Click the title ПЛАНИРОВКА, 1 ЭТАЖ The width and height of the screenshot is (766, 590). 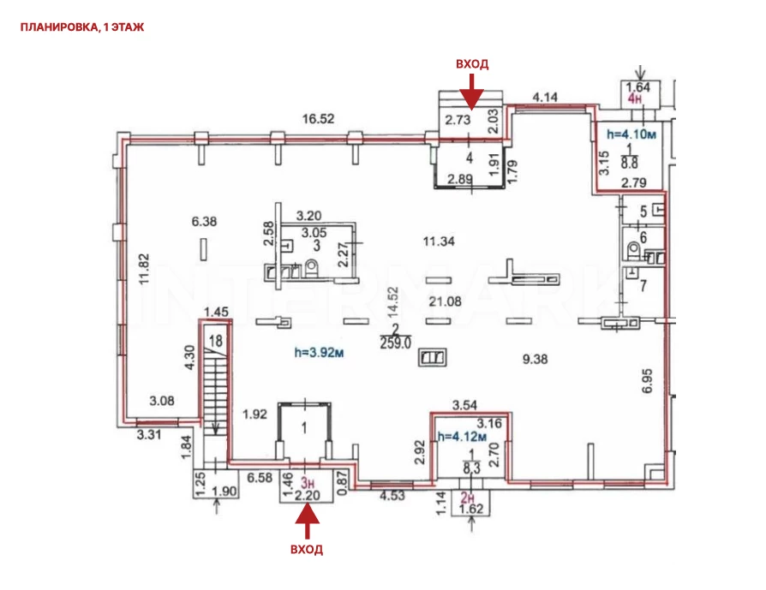tap(82, 27)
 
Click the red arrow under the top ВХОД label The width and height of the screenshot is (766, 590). tap(471, 92)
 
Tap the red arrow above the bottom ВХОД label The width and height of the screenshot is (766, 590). tap(308, 521)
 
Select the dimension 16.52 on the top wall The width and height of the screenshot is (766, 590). tap(318, 119)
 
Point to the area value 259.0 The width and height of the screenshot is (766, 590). tap(395, 343)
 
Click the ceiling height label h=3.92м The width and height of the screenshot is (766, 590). tap(319, 352)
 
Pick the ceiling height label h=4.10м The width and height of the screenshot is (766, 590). tap(631, 134)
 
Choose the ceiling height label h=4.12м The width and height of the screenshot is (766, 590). tap(462, 436)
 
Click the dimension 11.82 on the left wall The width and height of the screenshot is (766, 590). tap(143, 269)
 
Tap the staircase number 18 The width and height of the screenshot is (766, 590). tap(215, 341)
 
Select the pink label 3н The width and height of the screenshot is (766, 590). tap(308, 484)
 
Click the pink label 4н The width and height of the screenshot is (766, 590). tap(635, 98)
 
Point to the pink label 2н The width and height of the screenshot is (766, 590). tap(468, 498)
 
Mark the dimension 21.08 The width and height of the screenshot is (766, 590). tap(445, 301)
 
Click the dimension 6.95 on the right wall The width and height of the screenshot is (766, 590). tap(646, 381)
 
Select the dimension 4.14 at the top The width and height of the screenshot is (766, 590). tap(545, 98)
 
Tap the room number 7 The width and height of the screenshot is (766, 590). tap(643, 286)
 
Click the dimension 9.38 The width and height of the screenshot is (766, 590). tap(535, 359)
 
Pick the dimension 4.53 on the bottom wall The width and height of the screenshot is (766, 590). tap(392, 495)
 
